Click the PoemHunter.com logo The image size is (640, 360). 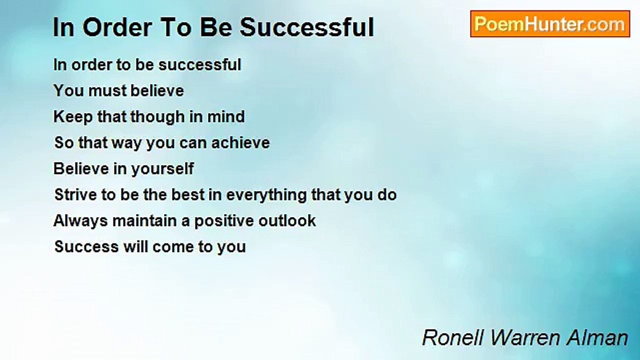549,24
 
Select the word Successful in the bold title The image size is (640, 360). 306,28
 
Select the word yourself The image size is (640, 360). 162,168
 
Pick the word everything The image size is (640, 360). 266,195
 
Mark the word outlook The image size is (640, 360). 287,220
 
